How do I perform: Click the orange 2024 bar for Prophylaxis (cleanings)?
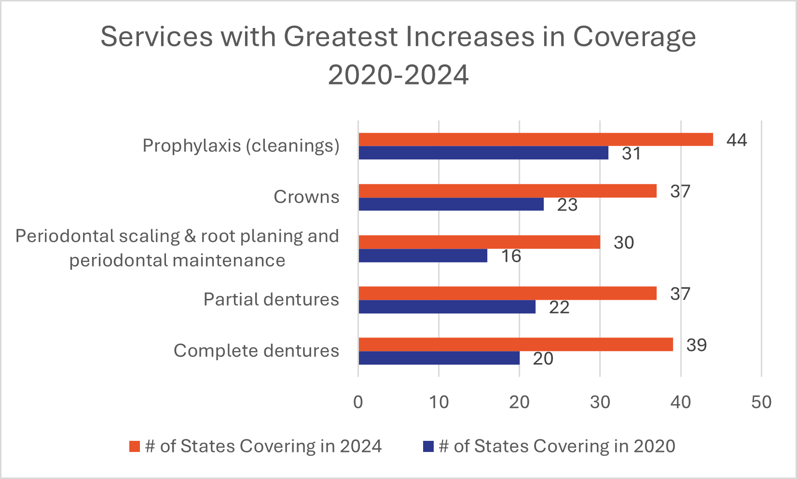536,140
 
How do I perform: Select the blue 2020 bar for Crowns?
451,204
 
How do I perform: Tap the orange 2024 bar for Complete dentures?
515,344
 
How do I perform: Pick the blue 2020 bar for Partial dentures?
447,307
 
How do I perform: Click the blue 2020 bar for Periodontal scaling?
423,255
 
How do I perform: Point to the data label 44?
736,140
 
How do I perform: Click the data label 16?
511,256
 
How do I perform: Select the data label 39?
696,345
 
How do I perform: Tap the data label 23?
567,205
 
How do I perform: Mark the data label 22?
559,307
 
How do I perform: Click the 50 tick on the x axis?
761,402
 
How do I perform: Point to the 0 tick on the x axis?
358,402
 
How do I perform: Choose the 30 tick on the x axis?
600,402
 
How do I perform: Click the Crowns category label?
306,197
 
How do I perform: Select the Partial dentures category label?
271,299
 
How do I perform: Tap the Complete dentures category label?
256,351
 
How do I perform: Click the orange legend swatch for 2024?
135,446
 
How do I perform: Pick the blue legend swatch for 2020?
428,446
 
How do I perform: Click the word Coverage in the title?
634,37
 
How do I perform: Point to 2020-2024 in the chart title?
398,75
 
